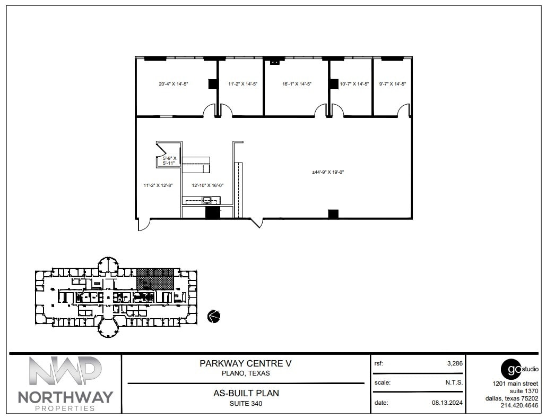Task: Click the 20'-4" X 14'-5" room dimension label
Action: tap(174, 84)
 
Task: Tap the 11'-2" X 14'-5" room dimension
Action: tap(242, 84)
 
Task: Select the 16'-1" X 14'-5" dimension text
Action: tap(297, 84)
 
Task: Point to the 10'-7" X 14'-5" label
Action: tap(354, 84)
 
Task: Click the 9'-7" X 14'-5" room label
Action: tap(393, 84)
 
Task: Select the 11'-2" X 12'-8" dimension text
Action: tap(158, 185)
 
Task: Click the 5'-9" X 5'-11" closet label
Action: tap(170, 161)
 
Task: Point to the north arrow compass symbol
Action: tap(214, 316)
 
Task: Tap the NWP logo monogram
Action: tap(65, 371)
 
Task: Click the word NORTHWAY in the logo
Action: tap(65, 397)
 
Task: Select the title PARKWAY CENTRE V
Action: tap(246, 364)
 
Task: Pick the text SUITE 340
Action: tap(246, 404)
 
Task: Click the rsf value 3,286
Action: tap(455, 364)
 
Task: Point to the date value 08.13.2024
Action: tap(447, 403)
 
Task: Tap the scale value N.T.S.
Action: tap(454, 382)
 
